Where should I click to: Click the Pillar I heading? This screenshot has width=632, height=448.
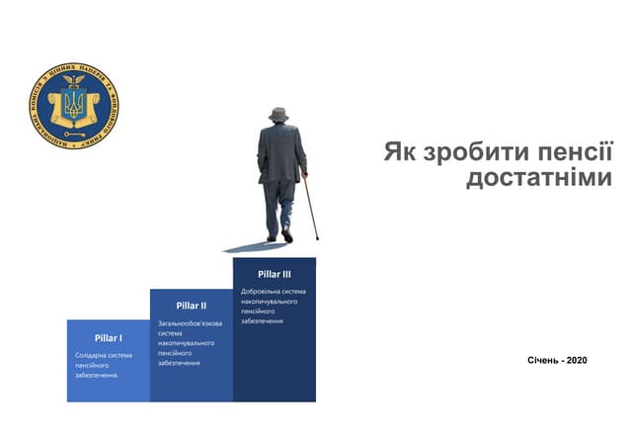pyautogui.click(x=108, y=338)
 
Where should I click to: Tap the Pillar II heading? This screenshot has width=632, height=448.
pyautogui.click(x=191, y=306)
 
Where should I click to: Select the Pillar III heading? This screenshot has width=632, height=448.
pyautogui.click(x=274, y=274)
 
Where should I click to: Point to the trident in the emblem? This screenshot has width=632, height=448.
pyautogui.click(x=74, y=103)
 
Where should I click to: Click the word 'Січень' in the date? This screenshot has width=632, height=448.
pyautogui.click(x=545, y=360)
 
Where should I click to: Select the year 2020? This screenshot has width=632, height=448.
pyautogui.click(x=577, y=360)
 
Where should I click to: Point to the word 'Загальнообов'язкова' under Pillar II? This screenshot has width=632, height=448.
pyautogui.click(x=190, y=323)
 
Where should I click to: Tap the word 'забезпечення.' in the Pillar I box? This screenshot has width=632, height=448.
pyautogui.click(x=97, y=376)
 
